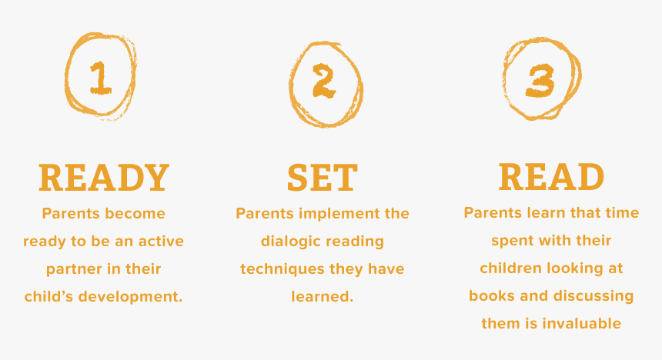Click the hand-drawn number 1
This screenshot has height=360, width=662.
(x=99, y=77)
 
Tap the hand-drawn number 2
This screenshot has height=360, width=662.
(x=324, y=83)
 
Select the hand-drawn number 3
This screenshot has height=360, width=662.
(x=541, y=80)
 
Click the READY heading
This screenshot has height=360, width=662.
(x=104, y=178)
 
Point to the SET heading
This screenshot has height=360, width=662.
(x=323, y=179)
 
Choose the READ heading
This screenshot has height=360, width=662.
(x=551, y=177)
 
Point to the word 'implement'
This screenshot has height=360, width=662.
(x=326, y=213)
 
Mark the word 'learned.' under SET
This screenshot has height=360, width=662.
(x=323, y=296)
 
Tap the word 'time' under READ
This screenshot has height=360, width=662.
(x=621, y=212)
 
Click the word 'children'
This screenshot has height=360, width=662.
(x=512, y=268)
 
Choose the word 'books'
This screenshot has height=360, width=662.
(x=490, y=295)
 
